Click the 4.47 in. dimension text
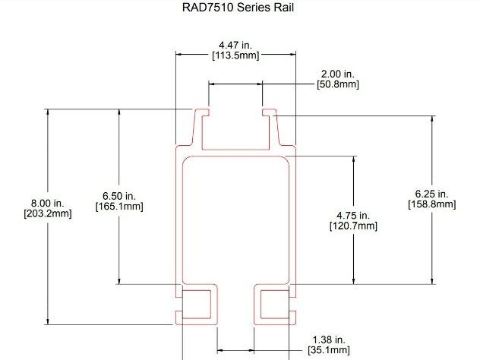tap(235, 45)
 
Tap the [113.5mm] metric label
tap(235, 55)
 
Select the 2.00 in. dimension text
tap(337, 74)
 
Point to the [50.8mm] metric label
tap(337, 84)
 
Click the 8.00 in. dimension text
tap(47, 203)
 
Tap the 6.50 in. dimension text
tap(118, 195)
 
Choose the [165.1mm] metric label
tap(118, 206)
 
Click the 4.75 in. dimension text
tap(353, 215)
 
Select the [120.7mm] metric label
tap(353, 226)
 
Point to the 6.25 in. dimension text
tap(432, 193)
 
